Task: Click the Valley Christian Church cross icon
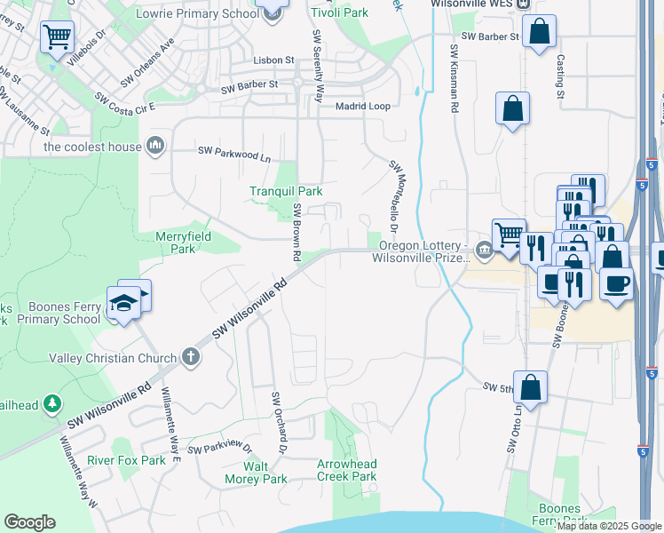pyautogui.click(x=189, y=357)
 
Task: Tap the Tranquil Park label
pyautogui.click(x=286, y=191)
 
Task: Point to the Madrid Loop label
pyautogui.click(x=362, y=106)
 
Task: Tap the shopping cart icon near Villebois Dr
pyautogui.click(x=57, y=37)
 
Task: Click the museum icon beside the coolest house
pyautogui.click(x=156, y=145)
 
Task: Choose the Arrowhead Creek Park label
pyautogui.click(x=347, y=470)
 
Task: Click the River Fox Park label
pyautogui.click(x=126, y=461)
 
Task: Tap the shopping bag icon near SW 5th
pyautogui.click(x=530, y=387)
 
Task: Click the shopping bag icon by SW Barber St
pyautogui.click(x=539, y=31)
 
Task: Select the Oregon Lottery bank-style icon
pyautogui.click(x=483, y=247)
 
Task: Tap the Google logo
pyautogui.click(x=29, y=522)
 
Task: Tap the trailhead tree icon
pyautogui.click(x=53, y=404)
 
